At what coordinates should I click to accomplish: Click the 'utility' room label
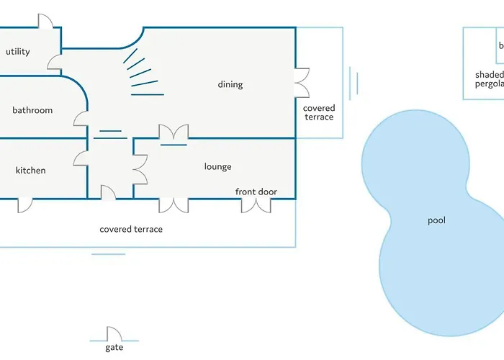pyautogui.click(x=17, y=52)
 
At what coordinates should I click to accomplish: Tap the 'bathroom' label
pyautogui.click(x=32, y=110)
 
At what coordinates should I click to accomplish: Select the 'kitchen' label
pyautogui.click(x=30, y=171)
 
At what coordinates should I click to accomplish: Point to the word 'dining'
pyautogui.click(x=230, y=84)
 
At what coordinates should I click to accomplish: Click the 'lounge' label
pyautogui.click(x=217, y=166)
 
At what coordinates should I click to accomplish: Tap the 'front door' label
pyautogui.click(x=256, y=192)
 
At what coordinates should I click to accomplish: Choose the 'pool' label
pyautogui.click(x=437, y=220)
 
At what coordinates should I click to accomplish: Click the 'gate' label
pyautogui.click(x=114, y=348)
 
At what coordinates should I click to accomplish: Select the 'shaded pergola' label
pyautogui.click(x=489, y=78)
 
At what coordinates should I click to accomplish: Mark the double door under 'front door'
pyautogui.click(x=256, y=205)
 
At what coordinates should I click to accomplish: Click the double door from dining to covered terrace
pyautogui.click(x=302, y=82)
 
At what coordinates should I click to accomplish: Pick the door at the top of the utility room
pyautogui.click(x=45, y=21)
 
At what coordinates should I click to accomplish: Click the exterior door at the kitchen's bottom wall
pyautogui.click(x=25, y=204)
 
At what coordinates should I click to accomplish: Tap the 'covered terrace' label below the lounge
pyautogui.click(x=131, y=229)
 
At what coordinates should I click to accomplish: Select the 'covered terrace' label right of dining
pyautogui.click(x=319, y=112)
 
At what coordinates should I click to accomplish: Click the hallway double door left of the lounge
pyautogui.click(x=140, y=168)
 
